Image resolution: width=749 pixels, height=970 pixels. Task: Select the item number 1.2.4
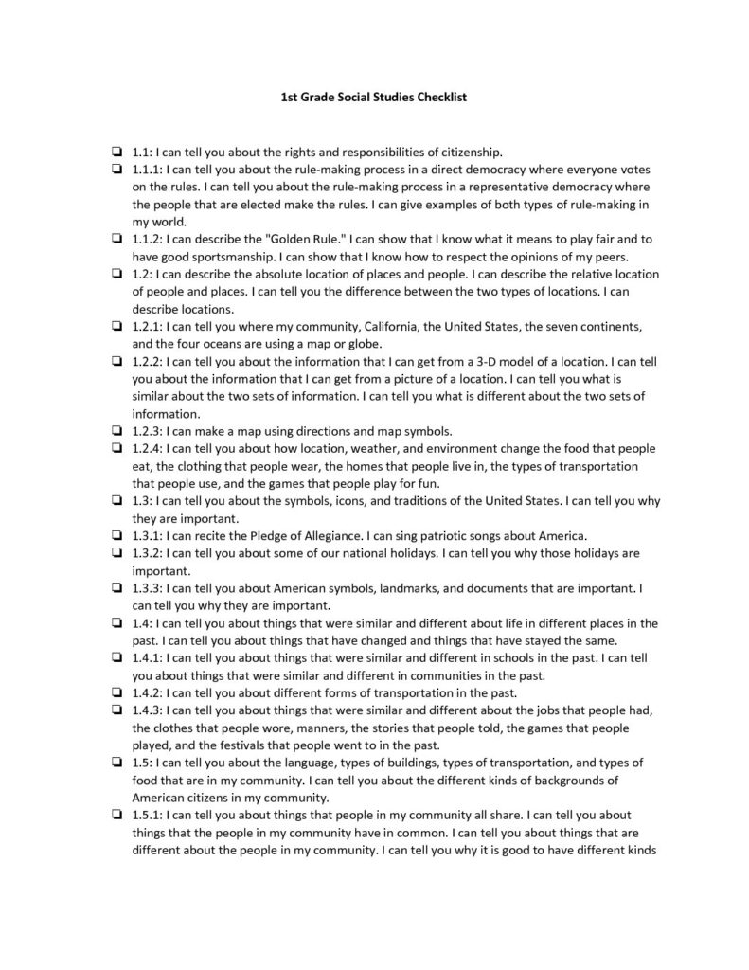click(148, 448)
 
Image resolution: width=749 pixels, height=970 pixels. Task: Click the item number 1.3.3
click(148, 588)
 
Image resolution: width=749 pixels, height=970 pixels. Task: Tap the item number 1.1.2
click(148, 239)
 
